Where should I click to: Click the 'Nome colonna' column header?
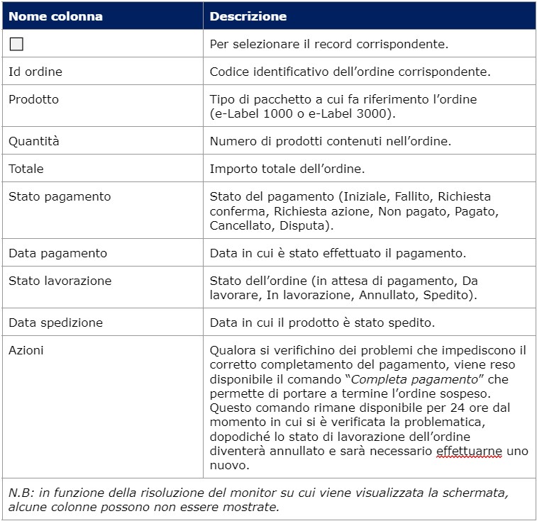point(55,16)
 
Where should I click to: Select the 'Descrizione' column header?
point(248,16)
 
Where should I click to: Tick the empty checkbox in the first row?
point(16,44)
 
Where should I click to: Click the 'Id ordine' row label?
point(35,72)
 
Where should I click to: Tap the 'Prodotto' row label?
point(33,99)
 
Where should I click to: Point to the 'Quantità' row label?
point(34,141)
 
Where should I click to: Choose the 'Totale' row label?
point(26,169)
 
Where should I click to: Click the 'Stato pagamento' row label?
point(60,196)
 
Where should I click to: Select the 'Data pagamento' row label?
point(57,253)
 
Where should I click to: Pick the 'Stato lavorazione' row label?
point(60,281)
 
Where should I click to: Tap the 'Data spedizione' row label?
point(55,323)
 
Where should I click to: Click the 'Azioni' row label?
point(26,350)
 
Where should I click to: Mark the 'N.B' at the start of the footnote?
point(19,493)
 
